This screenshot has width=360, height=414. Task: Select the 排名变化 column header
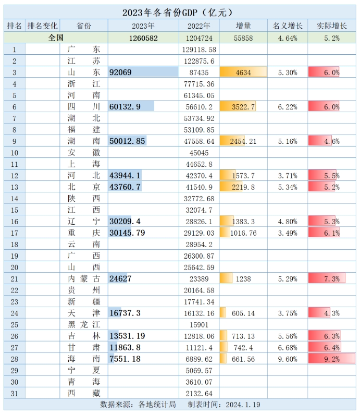(42, 26)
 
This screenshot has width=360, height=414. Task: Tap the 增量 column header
(243, 26)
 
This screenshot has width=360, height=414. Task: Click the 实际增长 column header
(331, 26)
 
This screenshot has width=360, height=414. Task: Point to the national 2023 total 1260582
(143, 38)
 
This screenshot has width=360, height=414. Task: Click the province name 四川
(84, 107)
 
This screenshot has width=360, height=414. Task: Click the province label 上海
(84, 164)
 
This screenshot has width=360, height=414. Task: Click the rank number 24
(15, 313)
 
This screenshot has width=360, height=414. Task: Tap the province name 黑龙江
(84, 324)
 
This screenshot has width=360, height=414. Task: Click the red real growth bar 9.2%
(331, 359)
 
